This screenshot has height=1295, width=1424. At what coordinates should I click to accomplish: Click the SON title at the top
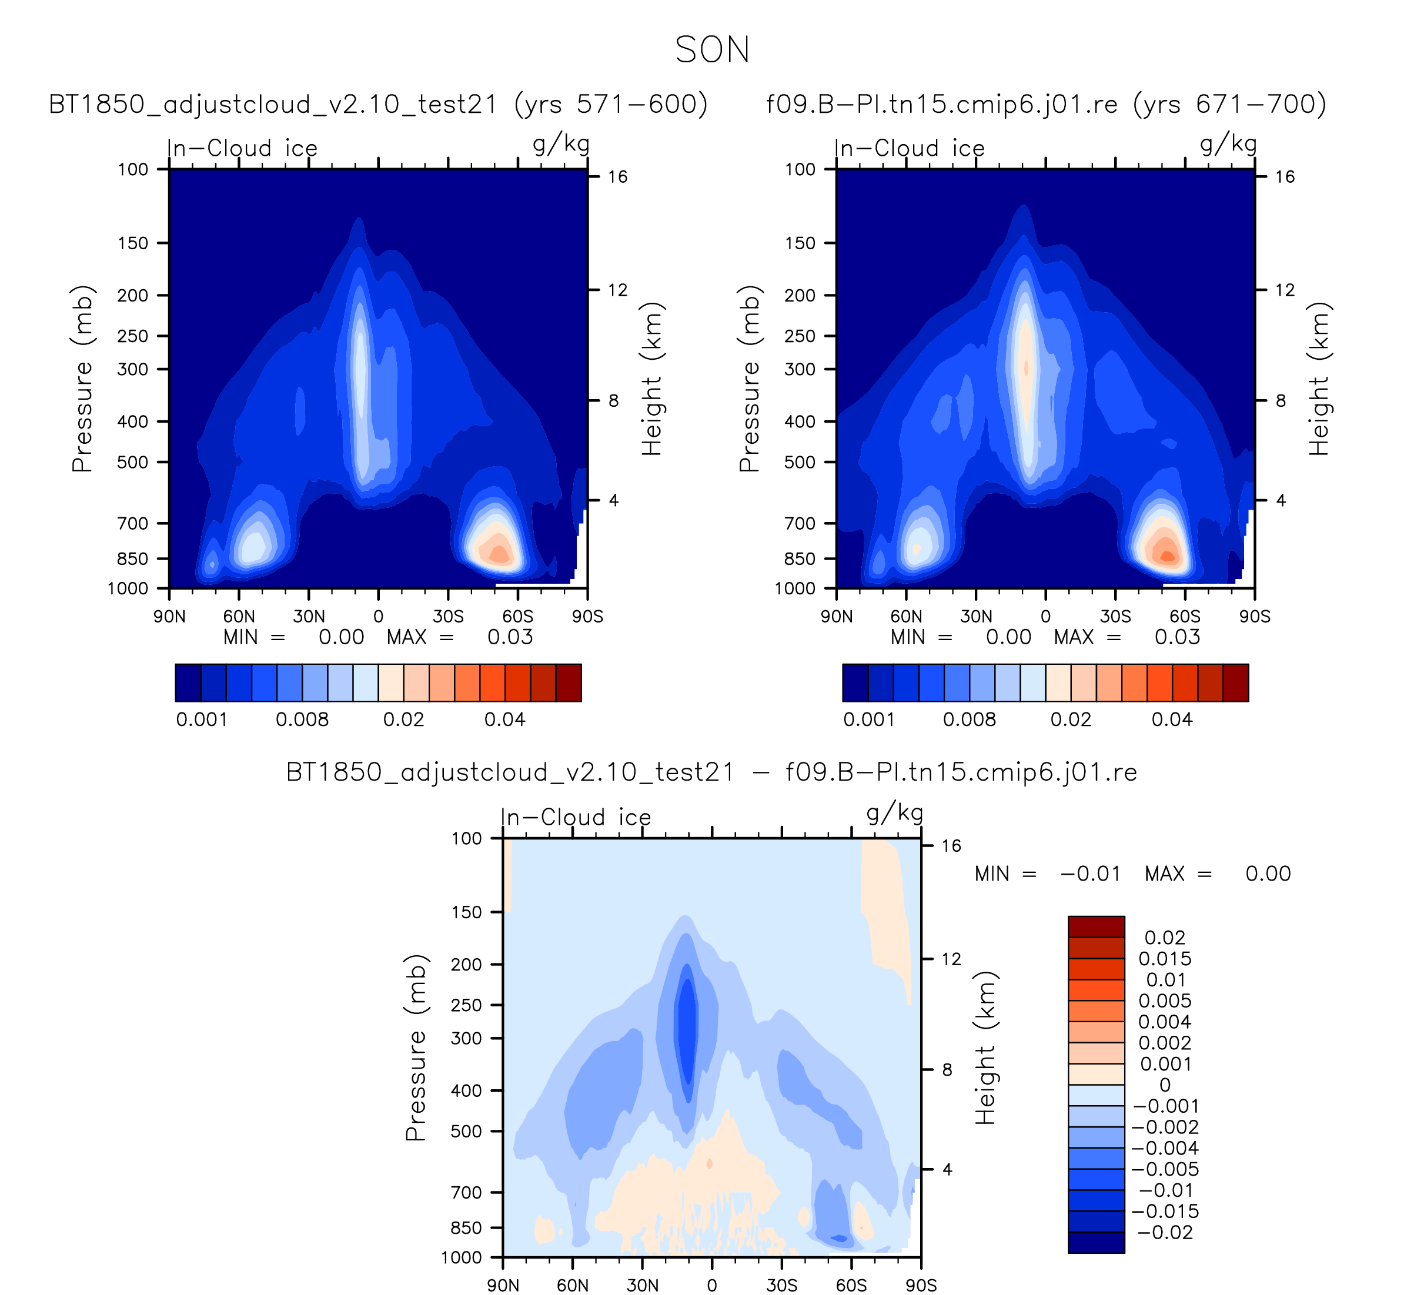click(712, 50)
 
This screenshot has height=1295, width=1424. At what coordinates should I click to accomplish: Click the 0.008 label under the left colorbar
click(302, 720)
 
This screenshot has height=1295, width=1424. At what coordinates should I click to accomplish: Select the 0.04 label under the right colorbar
click(1172, 720)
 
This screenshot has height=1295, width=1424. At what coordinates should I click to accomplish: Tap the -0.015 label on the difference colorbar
click(1165, 1212)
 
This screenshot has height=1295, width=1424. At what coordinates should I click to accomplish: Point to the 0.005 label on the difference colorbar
click(1165, 1001)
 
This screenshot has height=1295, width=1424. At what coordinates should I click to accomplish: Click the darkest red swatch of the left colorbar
click(569, 683)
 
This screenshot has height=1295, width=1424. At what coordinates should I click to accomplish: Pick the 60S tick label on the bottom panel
click(851, 1285)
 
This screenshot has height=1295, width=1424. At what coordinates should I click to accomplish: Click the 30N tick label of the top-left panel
click(309, 617)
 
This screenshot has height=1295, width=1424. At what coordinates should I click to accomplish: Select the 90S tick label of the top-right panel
click(1255, 617)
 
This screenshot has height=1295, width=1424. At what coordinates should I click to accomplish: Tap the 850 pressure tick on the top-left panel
click(133, 558)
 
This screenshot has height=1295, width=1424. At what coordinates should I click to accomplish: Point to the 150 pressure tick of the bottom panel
click(466, 912)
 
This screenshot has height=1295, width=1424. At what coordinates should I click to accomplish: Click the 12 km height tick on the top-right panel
click(1285, 290)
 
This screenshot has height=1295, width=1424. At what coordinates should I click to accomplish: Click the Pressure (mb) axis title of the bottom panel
click(416, 1048)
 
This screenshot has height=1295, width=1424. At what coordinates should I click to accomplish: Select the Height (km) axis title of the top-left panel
click(651, 379)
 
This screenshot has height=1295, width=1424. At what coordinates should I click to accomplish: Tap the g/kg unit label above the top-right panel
click(1228, 144)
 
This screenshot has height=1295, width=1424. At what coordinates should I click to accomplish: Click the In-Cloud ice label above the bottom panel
click(576, 817)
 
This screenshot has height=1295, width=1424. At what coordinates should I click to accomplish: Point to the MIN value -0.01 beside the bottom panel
click(1091, 874)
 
